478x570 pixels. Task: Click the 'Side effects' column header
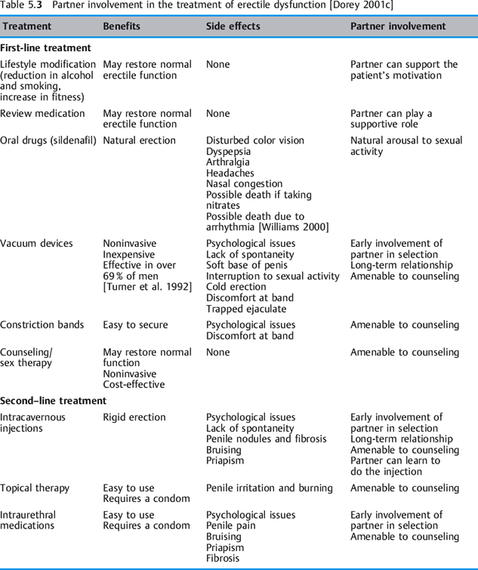tap(233, 26)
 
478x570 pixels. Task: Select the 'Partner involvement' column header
tap(398, 26)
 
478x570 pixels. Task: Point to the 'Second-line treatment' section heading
tap(54, 400)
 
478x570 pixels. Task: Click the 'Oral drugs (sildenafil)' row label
tap(48, 140)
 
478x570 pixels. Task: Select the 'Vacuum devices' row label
tap(36, 244)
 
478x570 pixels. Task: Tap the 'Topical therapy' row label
tap(35, 488)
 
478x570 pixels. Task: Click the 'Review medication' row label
tap(42, 114)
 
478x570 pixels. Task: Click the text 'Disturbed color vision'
tap(255, 140)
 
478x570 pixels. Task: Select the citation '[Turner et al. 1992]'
tap(147, 287)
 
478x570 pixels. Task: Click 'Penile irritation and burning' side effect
tap(269, 488)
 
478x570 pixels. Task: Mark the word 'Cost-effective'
tap(134, 384)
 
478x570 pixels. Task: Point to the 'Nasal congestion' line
tap(244, 183)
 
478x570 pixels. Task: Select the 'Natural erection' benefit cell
tap(139, 140)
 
